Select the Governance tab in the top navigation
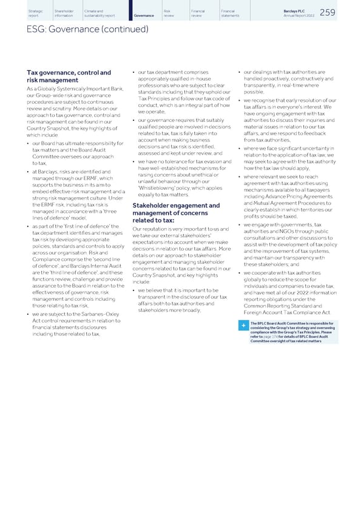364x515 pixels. pyautogui.click(x=144, y=14)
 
